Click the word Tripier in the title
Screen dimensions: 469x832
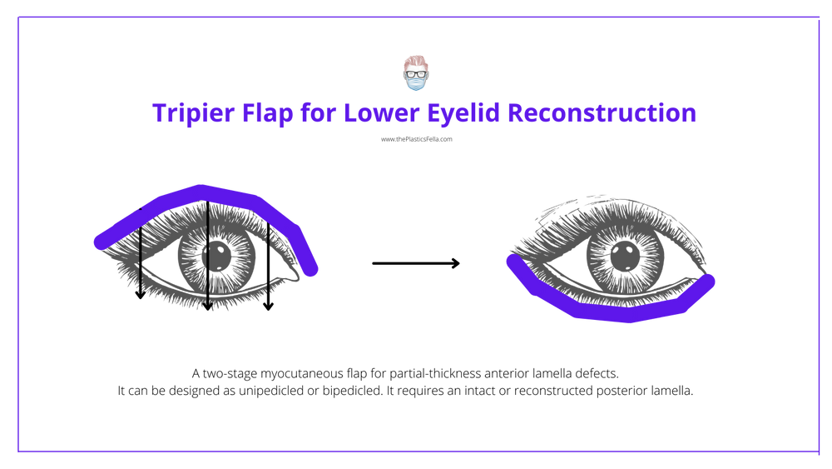tap(178, 113)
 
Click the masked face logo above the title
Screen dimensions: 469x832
tap(415, 73)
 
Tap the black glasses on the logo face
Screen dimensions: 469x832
tap(415, 72)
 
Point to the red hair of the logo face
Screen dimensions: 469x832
tap(415, 61)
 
